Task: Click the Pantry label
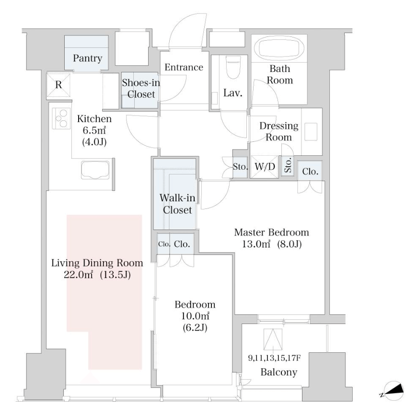click(x=88, y=58)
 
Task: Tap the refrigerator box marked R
click(x=58, y=85)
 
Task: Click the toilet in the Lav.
click(x=233, y=67)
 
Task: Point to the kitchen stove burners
click(x=61, y=118)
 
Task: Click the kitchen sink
click(x=95, y=170)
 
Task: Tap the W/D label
click(x=265, y=167)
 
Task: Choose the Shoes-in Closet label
click(x=141, y=88)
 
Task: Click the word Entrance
click(x=184, y=67)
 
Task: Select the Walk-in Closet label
click(x=177, y=204)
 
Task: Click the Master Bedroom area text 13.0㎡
click(x=256, y=244)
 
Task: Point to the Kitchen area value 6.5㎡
click(x=94, y=130)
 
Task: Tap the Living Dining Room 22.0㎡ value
click(x=79, y=275)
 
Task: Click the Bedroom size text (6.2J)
click(x=195, y=328)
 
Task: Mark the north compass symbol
click(x=394, y=391)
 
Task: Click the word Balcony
click(x=278, y=372)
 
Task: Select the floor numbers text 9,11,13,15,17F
click(x=275, y=358)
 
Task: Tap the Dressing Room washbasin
click(x=311, y=132)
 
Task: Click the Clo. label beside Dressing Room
click(x=311, y=172)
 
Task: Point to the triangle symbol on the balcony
click(x=273, y=339)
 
